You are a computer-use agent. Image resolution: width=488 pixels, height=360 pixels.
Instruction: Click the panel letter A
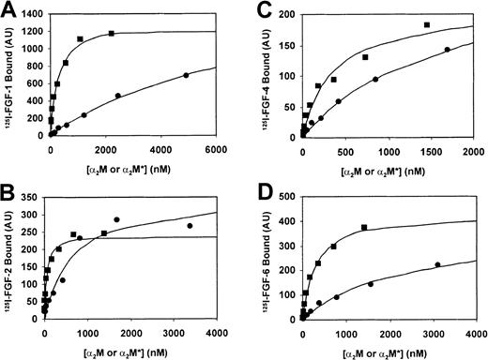8,10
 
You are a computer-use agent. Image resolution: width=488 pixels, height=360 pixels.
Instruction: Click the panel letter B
8,194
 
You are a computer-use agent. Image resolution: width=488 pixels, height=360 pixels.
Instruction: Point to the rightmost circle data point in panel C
447,50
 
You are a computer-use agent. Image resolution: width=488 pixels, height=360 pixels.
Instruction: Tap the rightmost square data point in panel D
364,228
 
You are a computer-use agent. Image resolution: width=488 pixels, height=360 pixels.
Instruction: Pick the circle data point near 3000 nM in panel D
437,264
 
